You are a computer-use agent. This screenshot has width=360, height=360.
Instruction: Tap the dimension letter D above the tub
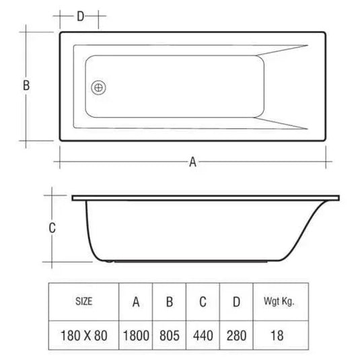(x=80, y=16)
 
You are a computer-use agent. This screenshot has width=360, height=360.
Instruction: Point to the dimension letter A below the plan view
(x=192, y=161)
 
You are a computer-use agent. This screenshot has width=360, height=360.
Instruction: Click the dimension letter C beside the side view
(x=52, y=227)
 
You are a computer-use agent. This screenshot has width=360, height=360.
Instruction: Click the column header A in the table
(x=136, y=302)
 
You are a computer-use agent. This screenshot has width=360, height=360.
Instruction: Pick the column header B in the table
(x=170, y=302)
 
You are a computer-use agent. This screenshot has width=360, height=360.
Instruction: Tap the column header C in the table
(x=202, y=302)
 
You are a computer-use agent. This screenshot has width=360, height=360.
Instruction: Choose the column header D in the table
(x=235, y=302)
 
